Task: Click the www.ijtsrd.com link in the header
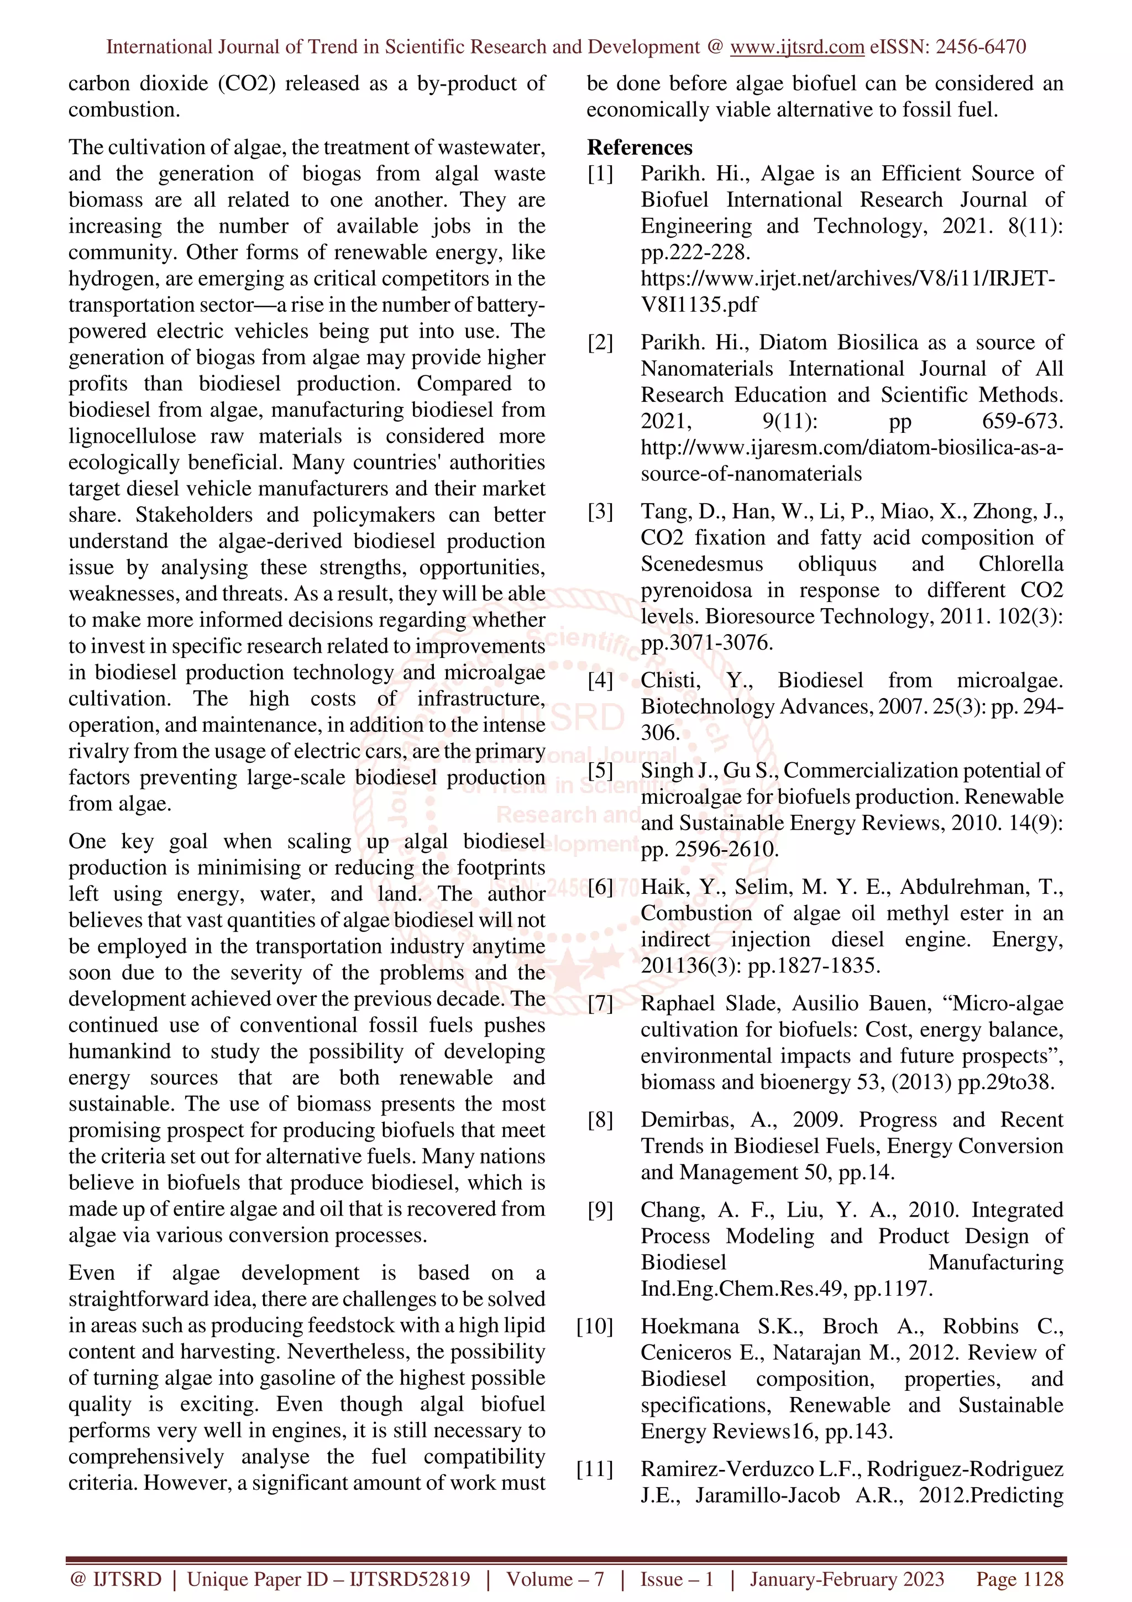[796, 47]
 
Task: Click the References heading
[640, 147]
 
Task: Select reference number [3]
[600, 511]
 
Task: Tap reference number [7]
[600, 1003]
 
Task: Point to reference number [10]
[595, 1326]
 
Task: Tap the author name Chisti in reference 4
[670, 680]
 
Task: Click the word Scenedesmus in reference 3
[701, 564]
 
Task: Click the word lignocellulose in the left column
[132, 437]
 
